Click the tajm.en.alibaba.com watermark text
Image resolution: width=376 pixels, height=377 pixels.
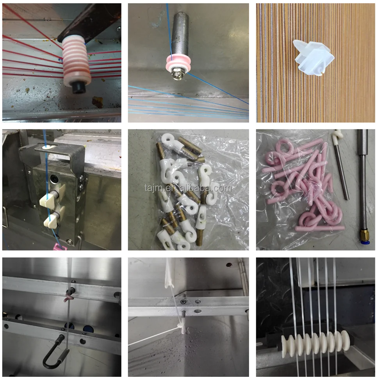(188, 188)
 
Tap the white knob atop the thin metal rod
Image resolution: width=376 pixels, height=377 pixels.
(336, 136)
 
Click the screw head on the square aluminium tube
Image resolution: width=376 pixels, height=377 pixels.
(184, 302)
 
